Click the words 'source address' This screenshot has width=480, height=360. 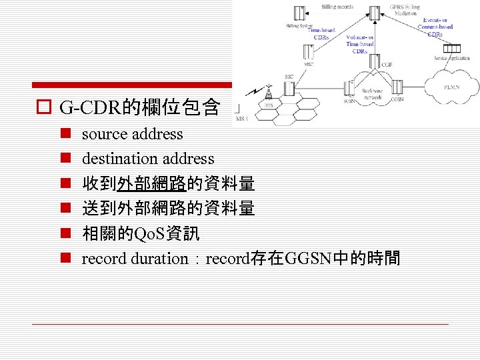point(132,134)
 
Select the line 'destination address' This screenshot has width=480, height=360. point(148,159)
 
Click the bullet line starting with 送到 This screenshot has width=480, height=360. point(168,209)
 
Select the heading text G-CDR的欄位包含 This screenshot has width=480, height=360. point(139,107)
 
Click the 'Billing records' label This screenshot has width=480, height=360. point(337,7)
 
